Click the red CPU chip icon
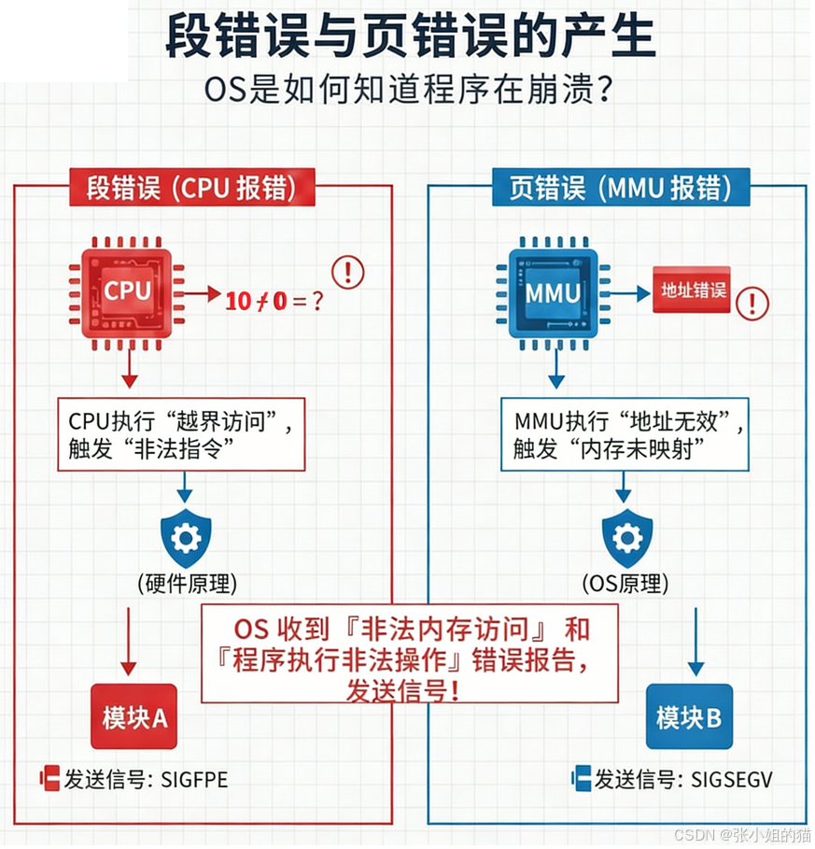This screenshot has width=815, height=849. pyautogui.click(x=126, y=290)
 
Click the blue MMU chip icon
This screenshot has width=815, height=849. pyautogui.click(x=553, y=291)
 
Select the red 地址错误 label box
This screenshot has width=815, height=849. pyautogui.click(x=691, y=291)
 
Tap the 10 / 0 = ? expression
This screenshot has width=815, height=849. pyautogui.click(x=274, y=301)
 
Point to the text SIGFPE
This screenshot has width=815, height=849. pyautogui.click(x=194, y=780)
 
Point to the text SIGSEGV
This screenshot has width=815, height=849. pyautogui.click(x=733, y=780)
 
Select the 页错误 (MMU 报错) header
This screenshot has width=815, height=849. pyautogui.click(x=621, y=188)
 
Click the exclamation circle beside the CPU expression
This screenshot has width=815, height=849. pyautogui.click(x=348, y=272)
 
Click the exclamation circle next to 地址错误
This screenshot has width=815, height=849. pyautogui.click(x=752, y=302)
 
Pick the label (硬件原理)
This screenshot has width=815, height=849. pyautogui.click(x=187, y=585)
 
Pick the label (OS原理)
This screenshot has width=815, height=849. pyautogui.click(x=625, y=585)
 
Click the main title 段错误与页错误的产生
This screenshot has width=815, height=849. pyautogui.click(x=411, y=37)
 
